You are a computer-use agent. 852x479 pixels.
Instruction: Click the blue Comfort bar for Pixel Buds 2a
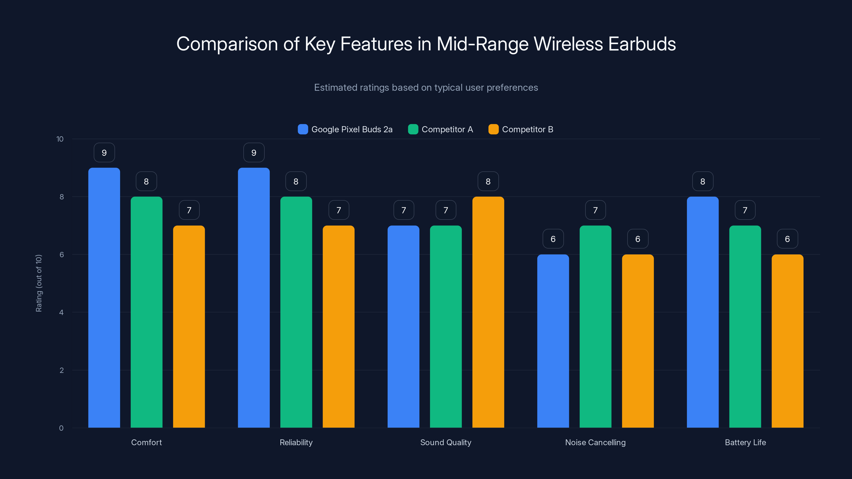pos(104,298)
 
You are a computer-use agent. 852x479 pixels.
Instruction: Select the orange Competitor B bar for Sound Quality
pos(488,312)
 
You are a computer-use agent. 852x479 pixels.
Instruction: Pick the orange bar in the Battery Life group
pos(787,341)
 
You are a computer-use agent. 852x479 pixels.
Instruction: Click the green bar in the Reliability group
pos(296,312)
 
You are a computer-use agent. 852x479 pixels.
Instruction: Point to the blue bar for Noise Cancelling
pos(553,341)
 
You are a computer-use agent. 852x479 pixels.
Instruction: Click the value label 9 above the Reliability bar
pos(254,153)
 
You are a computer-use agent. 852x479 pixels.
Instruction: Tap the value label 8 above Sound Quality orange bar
pos(488,181)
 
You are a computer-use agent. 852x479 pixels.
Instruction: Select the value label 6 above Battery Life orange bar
pos(787,239)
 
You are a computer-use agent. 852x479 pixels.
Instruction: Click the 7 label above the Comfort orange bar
pos(189,210)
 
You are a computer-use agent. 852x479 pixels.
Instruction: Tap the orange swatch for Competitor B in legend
pos(493,129)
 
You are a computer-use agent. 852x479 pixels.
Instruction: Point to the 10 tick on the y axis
pos(60,139)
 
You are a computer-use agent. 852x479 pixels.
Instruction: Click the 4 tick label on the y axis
pos(61,312)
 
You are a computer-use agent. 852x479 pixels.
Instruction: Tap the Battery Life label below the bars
pos(745,442)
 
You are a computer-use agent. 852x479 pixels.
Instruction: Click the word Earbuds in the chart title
pos(642,44)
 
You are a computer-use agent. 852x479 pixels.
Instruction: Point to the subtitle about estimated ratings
pos(426,88)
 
